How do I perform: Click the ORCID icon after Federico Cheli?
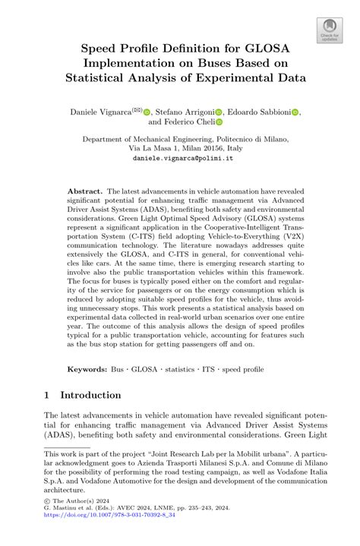219,122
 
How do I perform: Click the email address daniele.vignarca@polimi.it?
179,159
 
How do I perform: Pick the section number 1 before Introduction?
47,395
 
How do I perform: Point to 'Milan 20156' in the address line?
205,150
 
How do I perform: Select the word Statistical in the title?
111,77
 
